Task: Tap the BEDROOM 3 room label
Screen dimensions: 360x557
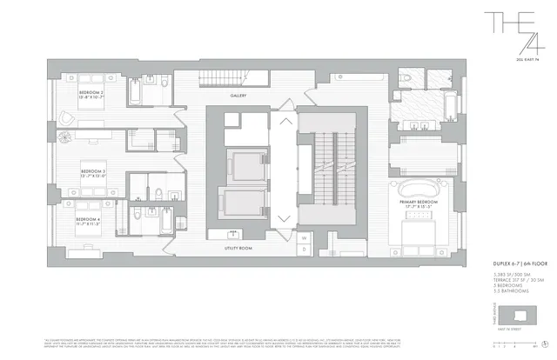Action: tap(93, 171)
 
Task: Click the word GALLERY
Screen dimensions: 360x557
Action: tap(239, 96)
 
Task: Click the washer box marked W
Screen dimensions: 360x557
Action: tap(304, 237)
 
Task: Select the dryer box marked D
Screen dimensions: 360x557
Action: tap(304, 247)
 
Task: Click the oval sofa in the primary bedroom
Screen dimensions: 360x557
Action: tap(416, 188)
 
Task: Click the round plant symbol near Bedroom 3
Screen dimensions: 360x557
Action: tap(63, 137)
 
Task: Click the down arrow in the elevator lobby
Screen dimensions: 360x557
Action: tap(285, 218)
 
